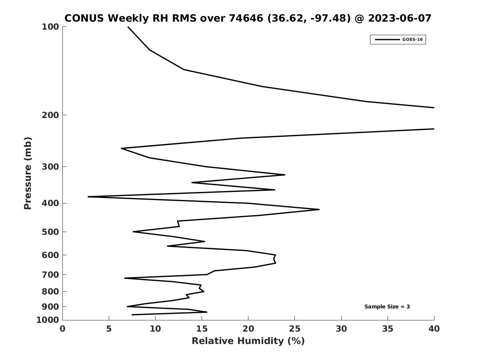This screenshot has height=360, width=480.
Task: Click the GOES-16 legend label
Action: (412, 40)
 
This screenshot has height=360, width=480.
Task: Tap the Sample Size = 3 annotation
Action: (387, 307)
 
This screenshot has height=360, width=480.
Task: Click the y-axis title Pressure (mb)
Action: (28, 173)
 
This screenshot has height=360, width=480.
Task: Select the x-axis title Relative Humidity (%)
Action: (248, 341)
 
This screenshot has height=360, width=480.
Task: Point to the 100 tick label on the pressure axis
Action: (50, 27)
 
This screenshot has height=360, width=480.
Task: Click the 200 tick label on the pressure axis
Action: (50, 115)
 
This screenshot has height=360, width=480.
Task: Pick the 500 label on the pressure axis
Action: (50, 232)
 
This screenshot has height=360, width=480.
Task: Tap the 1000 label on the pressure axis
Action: (48, 320)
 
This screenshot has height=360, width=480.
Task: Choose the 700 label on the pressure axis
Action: (50, 274)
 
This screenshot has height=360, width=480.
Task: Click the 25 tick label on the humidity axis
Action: (294, 329)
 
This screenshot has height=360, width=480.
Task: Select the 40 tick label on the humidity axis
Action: (434, 329)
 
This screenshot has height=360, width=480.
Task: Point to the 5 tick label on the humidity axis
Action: (109, 329)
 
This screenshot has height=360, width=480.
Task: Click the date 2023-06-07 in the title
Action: (400, 18)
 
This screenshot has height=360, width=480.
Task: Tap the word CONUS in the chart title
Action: (84, 18)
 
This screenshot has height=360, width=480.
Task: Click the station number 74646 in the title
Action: (246, 18)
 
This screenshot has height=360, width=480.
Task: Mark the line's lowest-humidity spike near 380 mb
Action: (88, 197)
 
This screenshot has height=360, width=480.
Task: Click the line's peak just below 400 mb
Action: (319, 209)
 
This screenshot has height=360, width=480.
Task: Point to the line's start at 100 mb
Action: (128, 27)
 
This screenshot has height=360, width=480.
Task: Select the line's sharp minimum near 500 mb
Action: (133, 232)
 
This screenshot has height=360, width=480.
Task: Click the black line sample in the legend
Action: (388, 40)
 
